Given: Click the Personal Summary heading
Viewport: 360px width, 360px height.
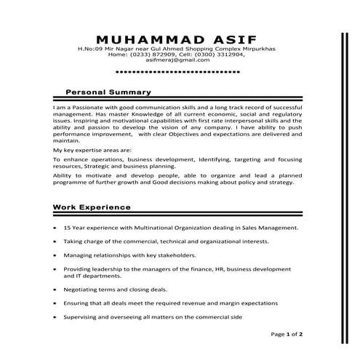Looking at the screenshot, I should coord(108,92).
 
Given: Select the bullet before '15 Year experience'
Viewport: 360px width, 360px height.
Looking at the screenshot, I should coord(55,228).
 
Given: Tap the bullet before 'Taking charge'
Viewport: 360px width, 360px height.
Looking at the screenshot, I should coord(55,241).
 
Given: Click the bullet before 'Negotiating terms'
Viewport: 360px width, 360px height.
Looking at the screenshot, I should coord(55,289).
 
